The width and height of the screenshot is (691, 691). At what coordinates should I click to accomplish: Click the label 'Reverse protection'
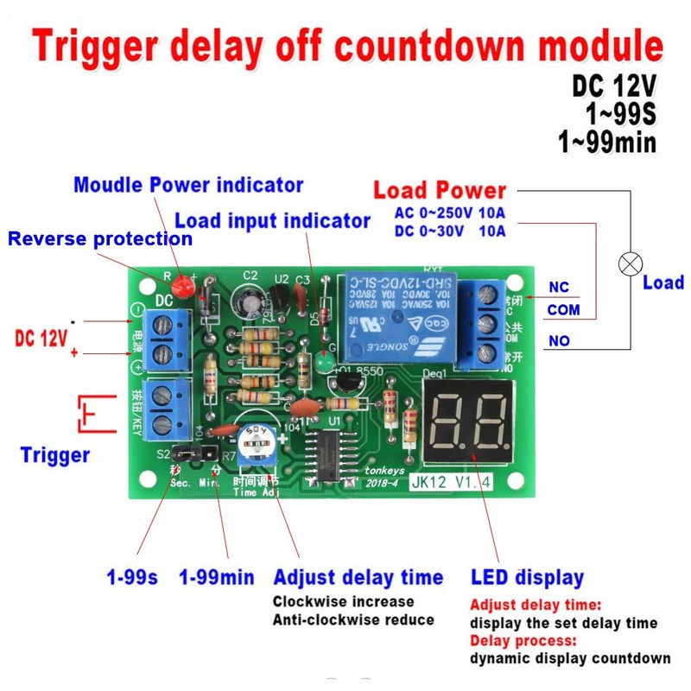pos(100,238)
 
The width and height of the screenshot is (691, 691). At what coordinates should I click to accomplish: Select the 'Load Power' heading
pos(440,191)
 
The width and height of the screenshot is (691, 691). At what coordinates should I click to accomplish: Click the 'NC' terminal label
pos(559,288)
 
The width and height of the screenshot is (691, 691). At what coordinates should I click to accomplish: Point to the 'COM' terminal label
pos(563,310)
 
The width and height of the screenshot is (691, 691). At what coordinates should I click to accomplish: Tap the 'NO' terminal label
pos(559,341)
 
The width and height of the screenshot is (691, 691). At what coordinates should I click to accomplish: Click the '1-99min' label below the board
pos(216,577)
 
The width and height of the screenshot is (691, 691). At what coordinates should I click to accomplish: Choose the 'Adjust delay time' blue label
pos(358,577)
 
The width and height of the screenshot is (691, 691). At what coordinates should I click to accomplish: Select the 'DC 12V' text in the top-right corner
pos(614,87)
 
